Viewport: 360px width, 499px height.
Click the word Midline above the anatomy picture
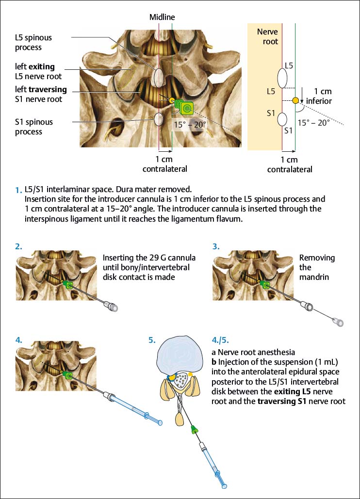click(x=162, y=17)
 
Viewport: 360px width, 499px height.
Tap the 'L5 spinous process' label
click(x=33, y=43)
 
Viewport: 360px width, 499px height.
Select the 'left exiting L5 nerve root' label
click(x=38, y=71)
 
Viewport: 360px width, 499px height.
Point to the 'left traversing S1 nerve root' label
click(x=41, y=95)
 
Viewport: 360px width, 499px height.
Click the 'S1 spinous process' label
click(x=33, y=127)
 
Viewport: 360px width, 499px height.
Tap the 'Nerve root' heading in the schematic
click(x=267, y=37)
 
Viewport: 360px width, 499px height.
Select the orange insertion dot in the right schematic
click(x=295, y=100)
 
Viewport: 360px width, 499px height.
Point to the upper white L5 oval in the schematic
click(x=282, y=77)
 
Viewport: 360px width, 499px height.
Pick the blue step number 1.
click(x=18, y=191)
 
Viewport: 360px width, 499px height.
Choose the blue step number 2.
click(x=18, y=246)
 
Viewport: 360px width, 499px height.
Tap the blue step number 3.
click(x=216, y=246)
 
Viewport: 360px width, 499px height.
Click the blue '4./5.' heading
click(x=221, y=339)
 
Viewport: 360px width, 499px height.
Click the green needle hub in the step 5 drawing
click(x=195, y=429)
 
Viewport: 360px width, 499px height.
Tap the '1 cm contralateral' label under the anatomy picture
click(x=164, y=164)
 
